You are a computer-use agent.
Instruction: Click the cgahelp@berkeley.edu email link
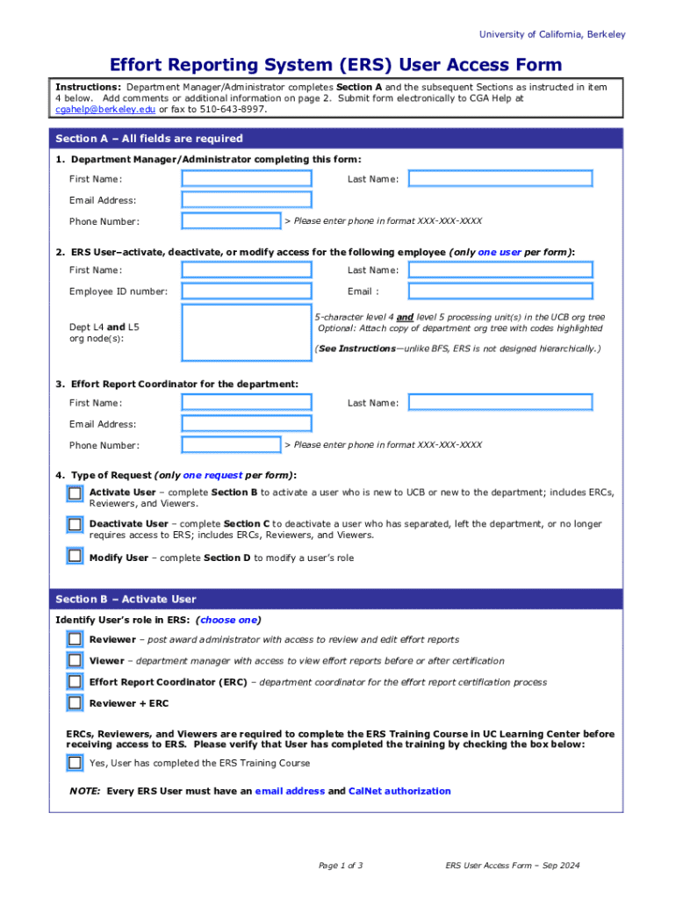(x=105, y=110)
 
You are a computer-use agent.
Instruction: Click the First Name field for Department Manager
(x=246, y=179)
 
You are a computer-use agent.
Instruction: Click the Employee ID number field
(x=246, y=291)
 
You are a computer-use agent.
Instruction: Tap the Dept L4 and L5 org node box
(x=246, y=333)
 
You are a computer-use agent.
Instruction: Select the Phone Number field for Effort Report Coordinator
(x=231, y=445)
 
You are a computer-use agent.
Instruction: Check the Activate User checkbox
(x=76, y=493)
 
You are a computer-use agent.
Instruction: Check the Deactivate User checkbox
(x=76, y=525)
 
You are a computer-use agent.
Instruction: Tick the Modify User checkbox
(x=76, y=557)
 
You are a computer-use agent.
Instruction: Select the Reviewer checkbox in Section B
(x=76, y=639)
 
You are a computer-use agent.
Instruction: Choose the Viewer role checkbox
(x=76, y=660)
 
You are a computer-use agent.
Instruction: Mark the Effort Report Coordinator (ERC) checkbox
(x=76, y=682)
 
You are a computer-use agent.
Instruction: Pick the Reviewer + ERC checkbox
(x=76, y=703)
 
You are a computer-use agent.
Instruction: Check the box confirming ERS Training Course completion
(x=76, y=763)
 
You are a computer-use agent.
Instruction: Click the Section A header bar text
(x=148, y=139)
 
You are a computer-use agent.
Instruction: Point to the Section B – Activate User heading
(x=126, y=599)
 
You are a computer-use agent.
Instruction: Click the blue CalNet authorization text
(x=399, y=791)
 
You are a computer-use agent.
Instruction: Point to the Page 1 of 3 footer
(x=341, y=866)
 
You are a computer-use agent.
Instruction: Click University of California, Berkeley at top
(x=552, y=34)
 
